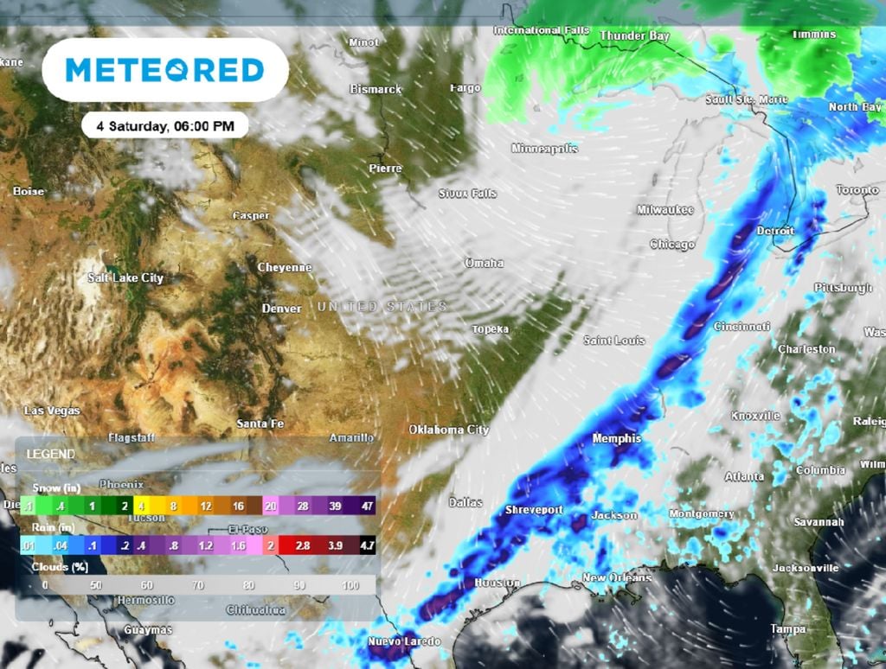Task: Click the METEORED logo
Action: tap(164, 70)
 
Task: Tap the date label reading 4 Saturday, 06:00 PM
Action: tap(164, 125)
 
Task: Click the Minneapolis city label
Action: tap(544, 149)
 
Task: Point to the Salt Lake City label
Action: tap(125, 278)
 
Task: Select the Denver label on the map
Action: tap(282, 309)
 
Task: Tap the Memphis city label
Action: tap(616, 439)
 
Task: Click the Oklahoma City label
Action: tap(449, 430)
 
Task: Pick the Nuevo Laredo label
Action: tap(404, 641)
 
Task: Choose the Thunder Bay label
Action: tap(634, 36)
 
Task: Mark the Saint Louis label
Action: tap(614, 341)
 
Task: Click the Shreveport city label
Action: tap(534, 509)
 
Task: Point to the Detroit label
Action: tap(774, 232)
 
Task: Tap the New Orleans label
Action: tap(617, 578)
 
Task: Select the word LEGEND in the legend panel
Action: tap(50, 454)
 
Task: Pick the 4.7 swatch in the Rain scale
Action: tap(367, 546)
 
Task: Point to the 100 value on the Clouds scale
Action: tap(350, 585)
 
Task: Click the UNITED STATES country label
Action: tap(382, 307)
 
